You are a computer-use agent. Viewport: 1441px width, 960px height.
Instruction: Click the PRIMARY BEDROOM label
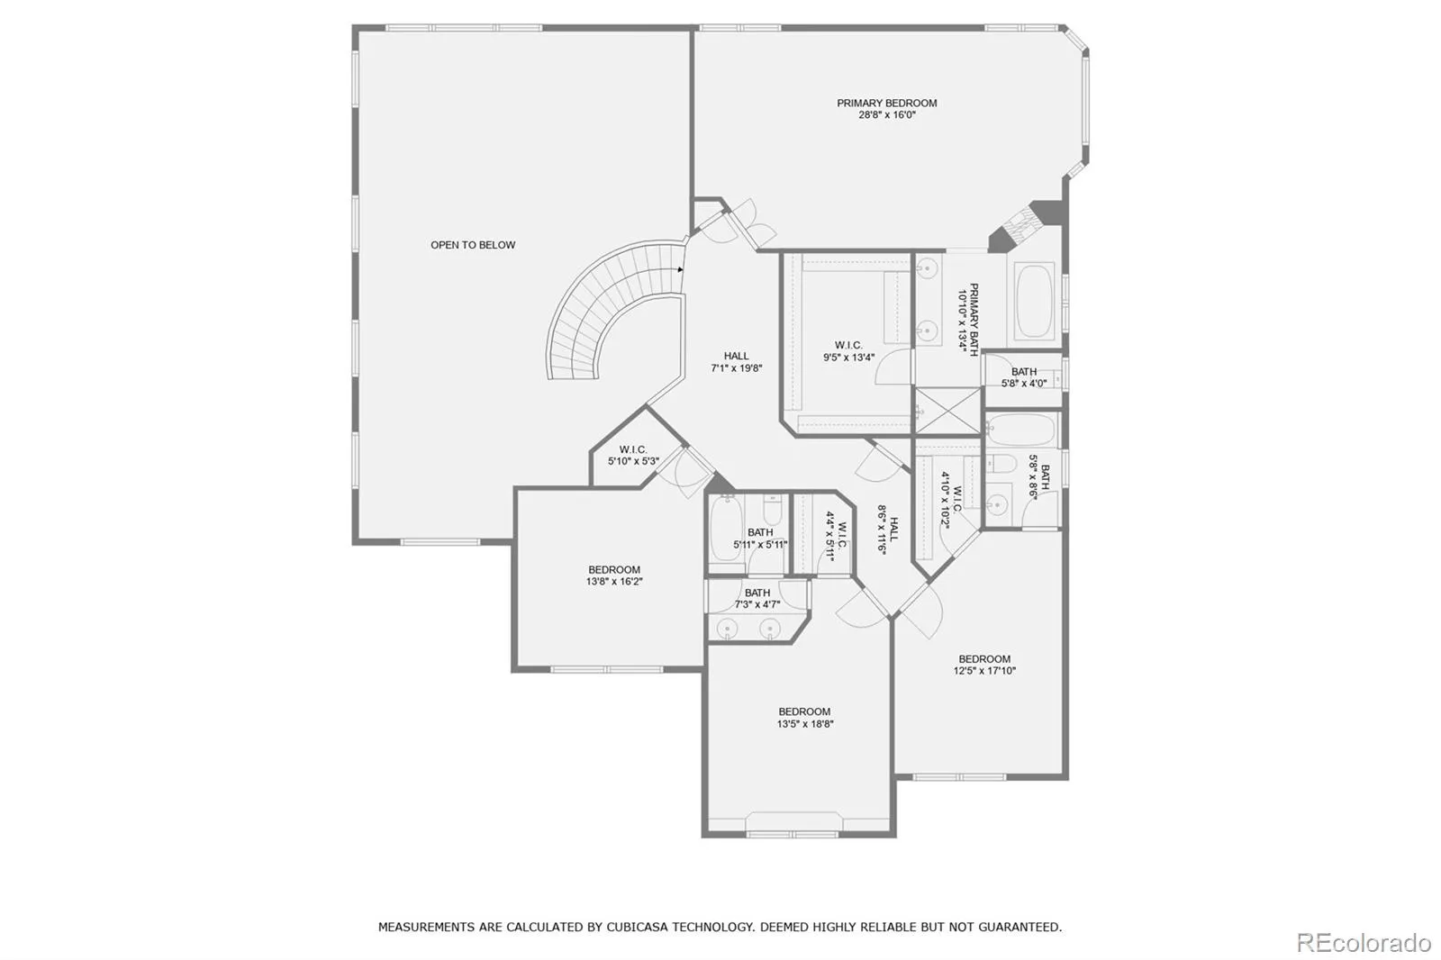pyautogui.click(x=886, y=103)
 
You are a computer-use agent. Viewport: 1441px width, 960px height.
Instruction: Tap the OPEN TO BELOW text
pyautogui.click(x=473, y=245)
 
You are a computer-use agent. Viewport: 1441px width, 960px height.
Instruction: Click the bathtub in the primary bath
pyautogui.click(x=1035, y=301)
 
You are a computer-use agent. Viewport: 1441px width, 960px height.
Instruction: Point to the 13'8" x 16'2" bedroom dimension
pyautogui.click(x=614, y=582)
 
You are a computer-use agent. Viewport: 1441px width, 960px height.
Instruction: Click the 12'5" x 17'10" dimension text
pyautogui.click(x=984, y=670)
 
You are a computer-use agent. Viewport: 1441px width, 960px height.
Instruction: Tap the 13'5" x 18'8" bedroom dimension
pyautogui.click(x=805, y=723)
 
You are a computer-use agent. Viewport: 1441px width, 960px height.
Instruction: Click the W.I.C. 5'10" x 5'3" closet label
pyautogui.click(x=633, y=456)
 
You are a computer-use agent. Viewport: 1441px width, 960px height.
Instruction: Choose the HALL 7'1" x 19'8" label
pyautogui.click(x=737, y=362)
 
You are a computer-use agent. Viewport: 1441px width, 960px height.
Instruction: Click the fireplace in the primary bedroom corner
pyautogui.click(x=1024, y=225)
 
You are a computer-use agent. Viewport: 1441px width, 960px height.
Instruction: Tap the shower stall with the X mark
pyautogui.click(x=947, y=411)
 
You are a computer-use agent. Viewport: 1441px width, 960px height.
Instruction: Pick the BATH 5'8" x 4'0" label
pyautogui.click(x=1023, y=377)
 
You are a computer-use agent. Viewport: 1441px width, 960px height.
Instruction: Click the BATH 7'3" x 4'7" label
pyautogui.click(x=757, y=598)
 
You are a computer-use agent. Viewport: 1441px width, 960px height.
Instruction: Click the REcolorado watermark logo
pyautogui.click(x=1364, y=943)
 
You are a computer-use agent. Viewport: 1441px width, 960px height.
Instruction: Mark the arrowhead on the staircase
pyautogui.click(x=681, y=269)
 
